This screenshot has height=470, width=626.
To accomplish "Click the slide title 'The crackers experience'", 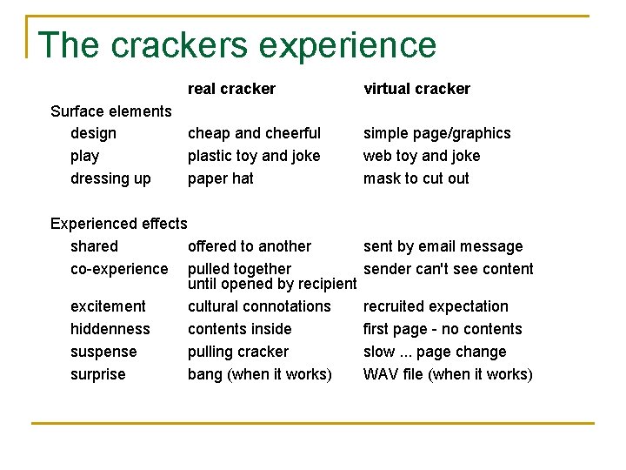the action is pyautogui.click(x=236, y=45).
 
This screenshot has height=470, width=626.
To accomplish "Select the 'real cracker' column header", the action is pyautogui.click(x=231, y=89).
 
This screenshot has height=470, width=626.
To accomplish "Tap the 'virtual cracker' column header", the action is pyautogui.click(x=416, y=89).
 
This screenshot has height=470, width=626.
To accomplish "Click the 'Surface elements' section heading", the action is pyautogui.click(x=111, y=111).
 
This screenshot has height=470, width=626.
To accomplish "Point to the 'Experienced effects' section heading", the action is pyautogui.click(x=119, y=224).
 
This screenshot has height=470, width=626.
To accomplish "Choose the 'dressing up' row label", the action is pyautogui.click(x=110, y=178).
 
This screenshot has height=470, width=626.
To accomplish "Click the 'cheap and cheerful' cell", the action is pyautogui.click(x=254, y=133).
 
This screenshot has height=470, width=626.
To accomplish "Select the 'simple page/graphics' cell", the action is pyautogui.click(x=436, y=133).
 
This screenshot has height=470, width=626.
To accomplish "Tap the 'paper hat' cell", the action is pyautogui.click(x=221, y=178).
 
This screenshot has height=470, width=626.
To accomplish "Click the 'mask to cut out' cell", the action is pyautogui.click(x=416, y=178).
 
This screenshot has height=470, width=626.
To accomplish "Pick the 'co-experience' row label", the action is pyautogui.click(x=119, y=269).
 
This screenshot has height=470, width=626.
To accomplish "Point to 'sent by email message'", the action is pyautogui.click(x=443, y=246).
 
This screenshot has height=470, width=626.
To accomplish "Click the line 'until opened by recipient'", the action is pyautogui.click(x=272, y=285).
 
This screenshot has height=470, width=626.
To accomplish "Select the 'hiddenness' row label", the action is pyautogui.click(x=110, y=329).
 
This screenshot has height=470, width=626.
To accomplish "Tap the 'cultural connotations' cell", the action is pyautogui.click(x=259, y=306).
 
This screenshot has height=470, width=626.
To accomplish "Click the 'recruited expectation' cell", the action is pyautogui.click(x=436, y=306).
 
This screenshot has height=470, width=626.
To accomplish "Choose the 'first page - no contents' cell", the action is pyautogui.click(x=443, y=329).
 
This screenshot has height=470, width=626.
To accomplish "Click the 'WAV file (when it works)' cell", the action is pyautogui.click(x=448, y=374).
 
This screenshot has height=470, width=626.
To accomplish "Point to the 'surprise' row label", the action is pyautogui.click(x=97, y=374).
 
